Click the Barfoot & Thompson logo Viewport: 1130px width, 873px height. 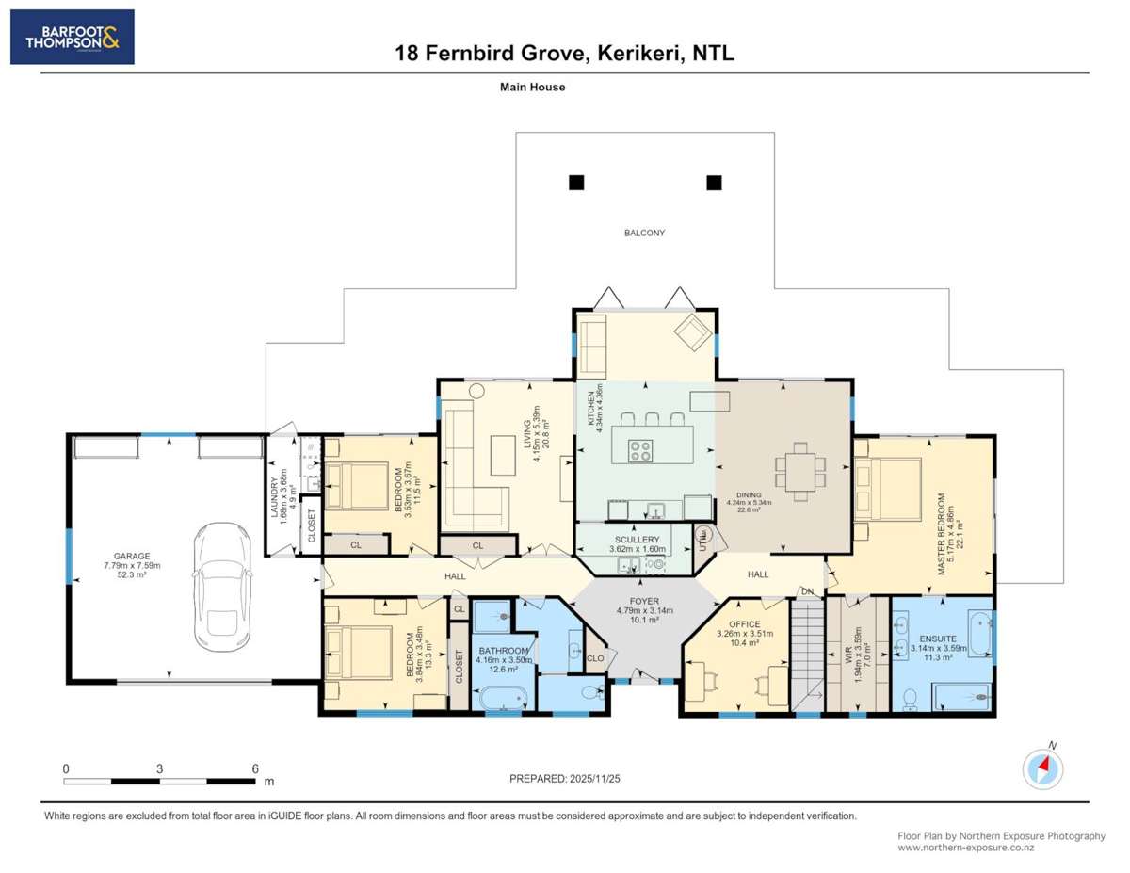(x=72, y=37)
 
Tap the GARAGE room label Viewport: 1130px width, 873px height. (x=120, y=557)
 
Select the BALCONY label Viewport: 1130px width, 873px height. (x=645, y=233)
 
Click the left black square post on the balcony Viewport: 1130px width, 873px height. (x=575, y=183)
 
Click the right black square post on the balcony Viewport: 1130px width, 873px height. (x=714, y=183)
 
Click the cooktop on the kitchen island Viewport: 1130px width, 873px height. (x=641, y=451)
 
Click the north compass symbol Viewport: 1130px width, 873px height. (x=1043, y=768)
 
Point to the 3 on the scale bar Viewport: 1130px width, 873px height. (x=160, y=768)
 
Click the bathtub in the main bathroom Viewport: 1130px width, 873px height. (x=502, y=699)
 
